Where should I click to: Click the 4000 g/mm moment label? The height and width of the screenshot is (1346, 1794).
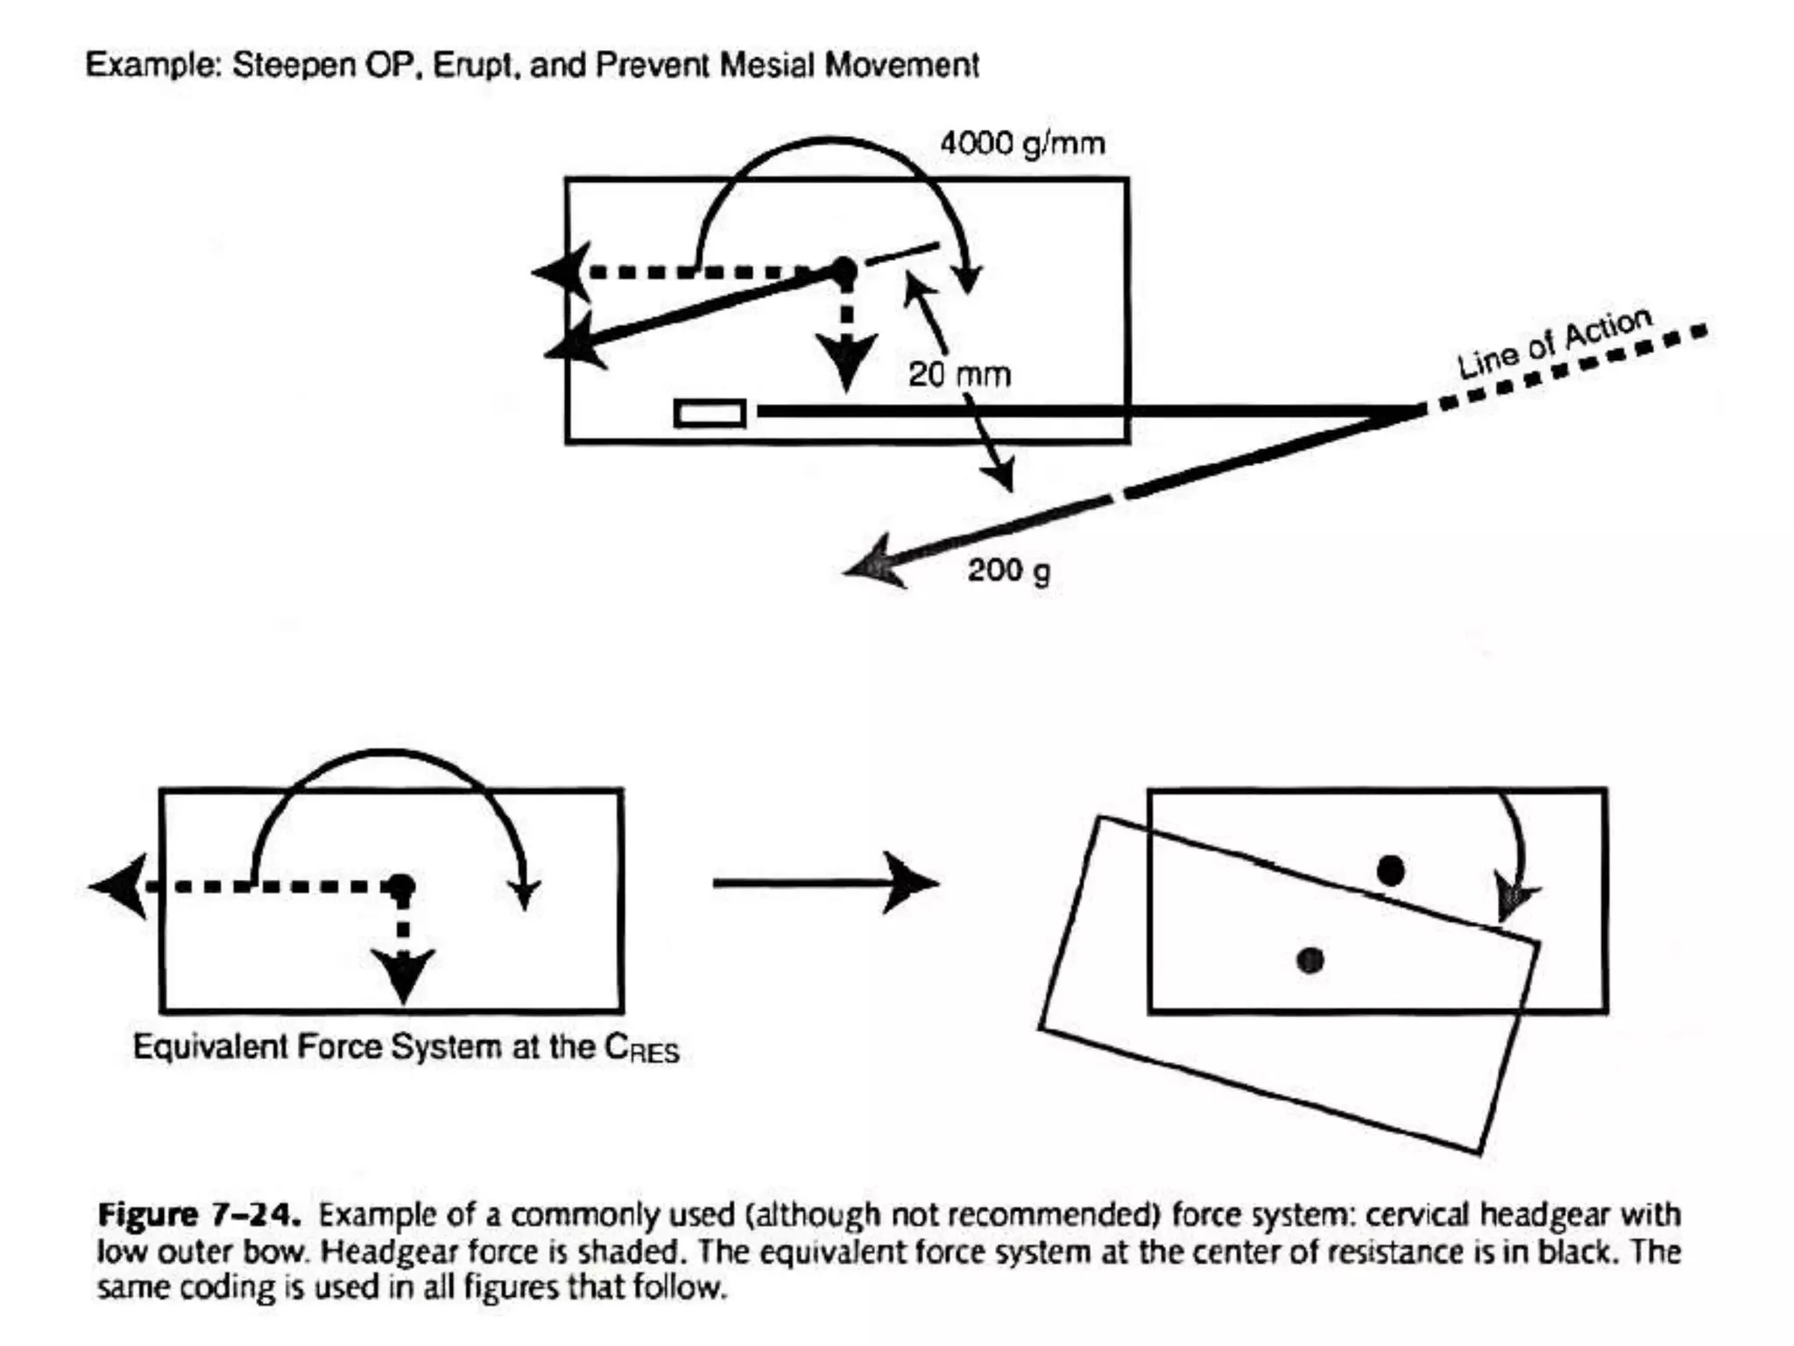click(1022, 143)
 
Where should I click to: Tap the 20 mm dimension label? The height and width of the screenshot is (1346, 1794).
click(959, 375)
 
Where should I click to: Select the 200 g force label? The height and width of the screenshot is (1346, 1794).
click(1008, 570)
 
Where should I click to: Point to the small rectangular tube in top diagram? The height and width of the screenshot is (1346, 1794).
click(710, 413)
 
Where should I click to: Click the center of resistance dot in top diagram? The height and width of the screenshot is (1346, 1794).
click(844, 272)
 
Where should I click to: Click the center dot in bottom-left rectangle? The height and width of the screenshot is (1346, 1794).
click(401, 887)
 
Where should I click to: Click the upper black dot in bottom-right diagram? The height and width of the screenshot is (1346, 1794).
click(1390, 871)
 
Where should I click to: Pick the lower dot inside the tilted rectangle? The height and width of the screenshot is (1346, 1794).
click(1310, 960)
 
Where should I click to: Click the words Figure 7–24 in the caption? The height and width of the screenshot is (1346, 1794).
click(199, 1215)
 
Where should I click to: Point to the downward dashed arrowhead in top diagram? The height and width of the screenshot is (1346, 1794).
click(845, 360)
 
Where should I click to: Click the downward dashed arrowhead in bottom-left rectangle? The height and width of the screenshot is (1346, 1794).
click(403, 973)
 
